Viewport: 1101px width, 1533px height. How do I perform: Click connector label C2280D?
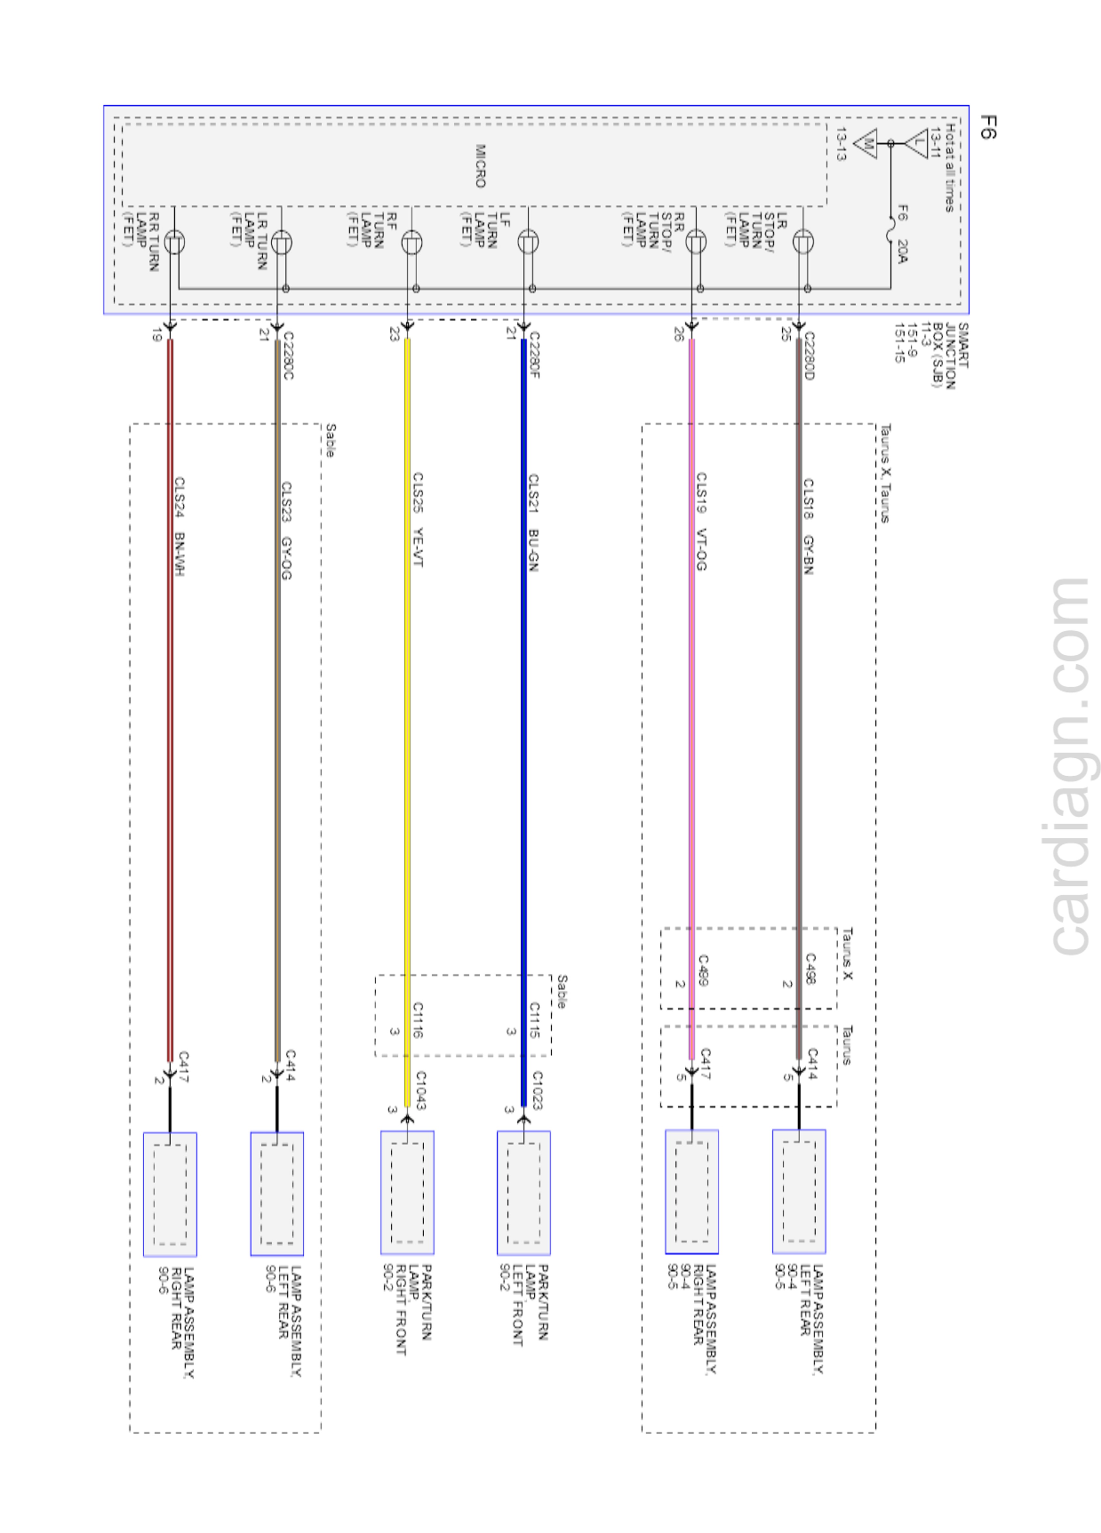pos(809,355)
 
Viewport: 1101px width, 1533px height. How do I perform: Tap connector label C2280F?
pos(534,355)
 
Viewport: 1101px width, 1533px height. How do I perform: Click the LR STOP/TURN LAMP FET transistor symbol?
pos(803,241)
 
